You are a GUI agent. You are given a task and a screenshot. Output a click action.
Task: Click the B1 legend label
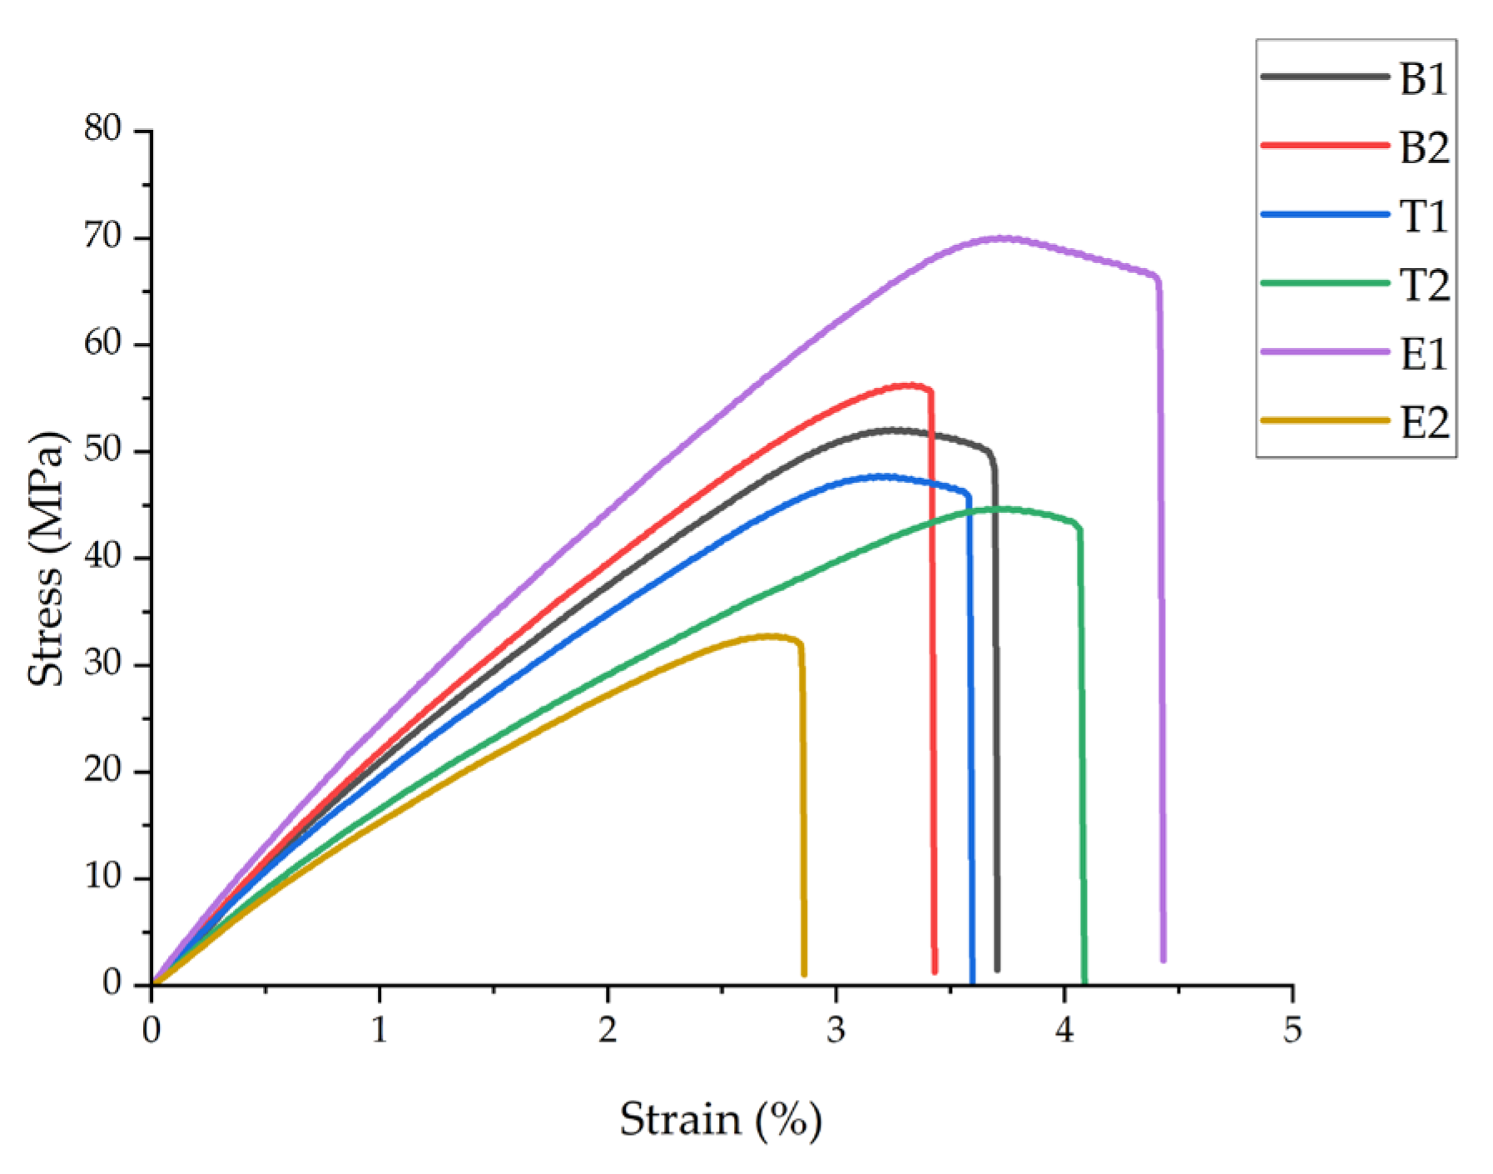tap(1424, 78)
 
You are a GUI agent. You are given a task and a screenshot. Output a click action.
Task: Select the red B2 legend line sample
tap(1325, 145)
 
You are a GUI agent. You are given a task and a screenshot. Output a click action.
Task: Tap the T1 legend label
tap(1424, 216)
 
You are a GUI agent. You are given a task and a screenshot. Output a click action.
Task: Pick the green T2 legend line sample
tap(1325, 283)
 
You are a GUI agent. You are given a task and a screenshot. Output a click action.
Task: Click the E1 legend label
tap(1424, 355)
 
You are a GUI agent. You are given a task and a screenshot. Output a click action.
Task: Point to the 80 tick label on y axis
tap(102, 129)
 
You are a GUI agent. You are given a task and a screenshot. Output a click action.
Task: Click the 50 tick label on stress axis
tap(102, 450)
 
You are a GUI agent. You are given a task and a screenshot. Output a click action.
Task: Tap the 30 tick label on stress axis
tap(102, 664)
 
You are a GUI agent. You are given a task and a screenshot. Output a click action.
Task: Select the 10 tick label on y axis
tap(102, 877)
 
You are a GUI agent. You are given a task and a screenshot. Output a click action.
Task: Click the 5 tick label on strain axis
tap(1292, 1031)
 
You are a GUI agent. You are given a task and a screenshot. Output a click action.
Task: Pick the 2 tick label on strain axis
tap(608, 1031)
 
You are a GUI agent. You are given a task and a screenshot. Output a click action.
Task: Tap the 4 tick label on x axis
tap(1064, 1031)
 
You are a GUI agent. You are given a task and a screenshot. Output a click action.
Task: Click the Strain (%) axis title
tap(721, 1119)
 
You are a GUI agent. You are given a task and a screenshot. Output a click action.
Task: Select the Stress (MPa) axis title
tap(45, 558)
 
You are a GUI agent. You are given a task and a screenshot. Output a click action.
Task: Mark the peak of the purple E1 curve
tap(1003, 238)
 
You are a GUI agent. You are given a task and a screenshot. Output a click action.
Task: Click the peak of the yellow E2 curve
tap(770, 636)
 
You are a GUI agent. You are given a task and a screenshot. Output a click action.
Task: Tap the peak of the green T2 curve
tap(1003, 509)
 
